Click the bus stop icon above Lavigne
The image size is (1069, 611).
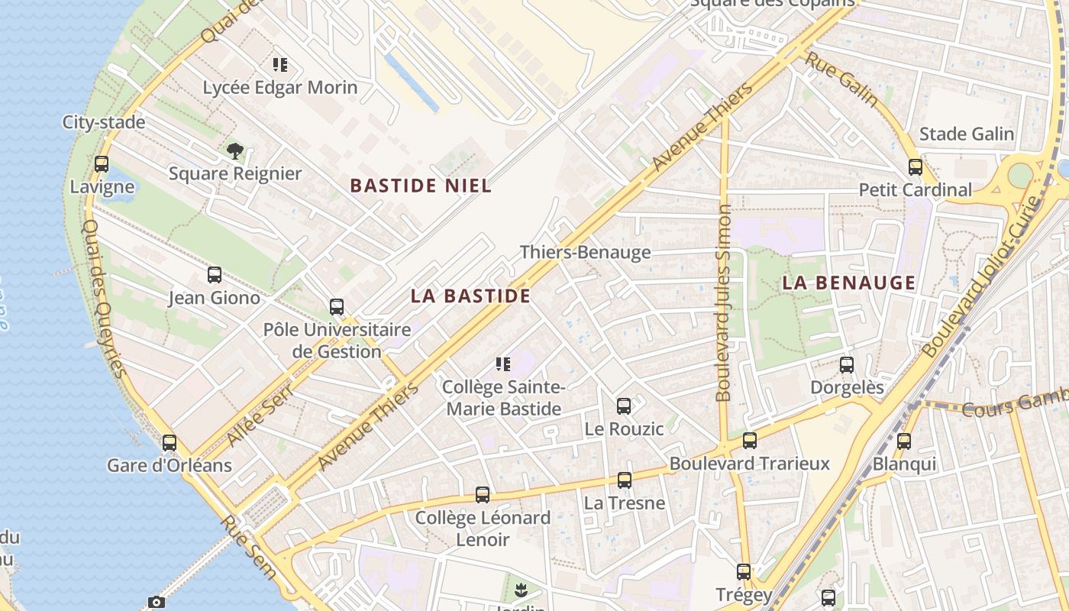click(101, 164)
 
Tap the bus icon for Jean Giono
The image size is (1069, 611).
click(215, 275)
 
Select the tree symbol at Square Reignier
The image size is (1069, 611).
click(235, 150)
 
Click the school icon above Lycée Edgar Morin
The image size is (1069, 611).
click(280, 65)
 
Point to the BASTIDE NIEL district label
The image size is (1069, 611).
click(421, 186)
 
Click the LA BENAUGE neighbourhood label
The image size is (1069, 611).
click(848, 283)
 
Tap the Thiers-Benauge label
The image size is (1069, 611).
click(585, 252)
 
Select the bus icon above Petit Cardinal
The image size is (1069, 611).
click(915, 167)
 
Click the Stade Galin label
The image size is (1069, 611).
click(966, 134)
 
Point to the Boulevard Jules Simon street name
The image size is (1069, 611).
click(724, 302)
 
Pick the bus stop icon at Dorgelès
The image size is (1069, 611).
click(846, 365)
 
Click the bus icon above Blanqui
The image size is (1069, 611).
click(904, 441)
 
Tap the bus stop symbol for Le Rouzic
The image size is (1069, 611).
click(624, 406)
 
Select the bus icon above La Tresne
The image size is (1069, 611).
click(625, 480)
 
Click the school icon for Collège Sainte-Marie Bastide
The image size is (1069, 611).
click(503, 364)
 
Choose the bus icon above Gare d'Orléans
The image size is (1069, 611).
click(170, 443)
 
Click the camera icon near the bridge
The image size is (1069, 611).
click(156, 603)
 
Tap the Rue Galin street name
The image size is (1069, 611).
click(842, 79)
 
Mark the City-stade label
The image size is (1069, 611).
click(103, 122)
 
